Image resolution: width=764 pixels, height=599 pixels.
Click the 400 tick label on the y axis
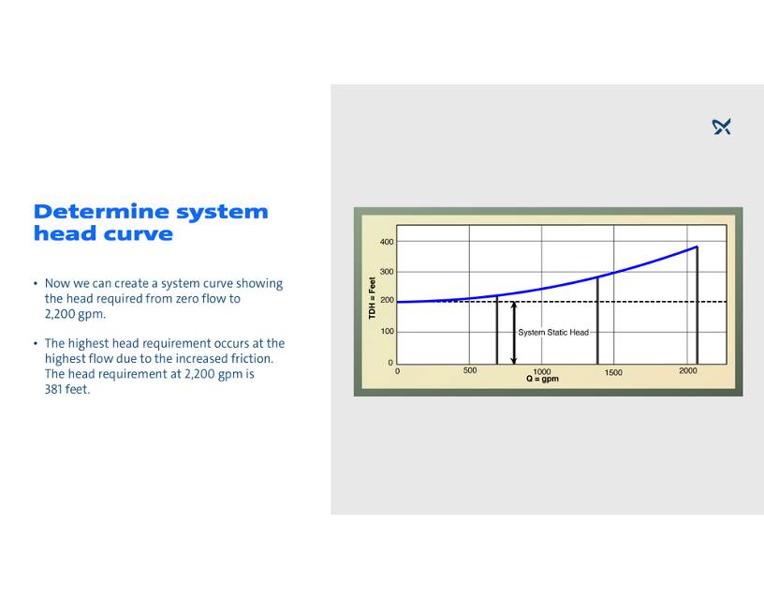(x=387, y=242)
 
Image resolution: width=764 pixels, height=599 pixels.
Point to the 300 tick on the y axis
(x=387, y=272)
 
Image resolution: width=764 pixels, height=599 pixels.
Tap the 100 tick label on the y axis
(x=388, y=331)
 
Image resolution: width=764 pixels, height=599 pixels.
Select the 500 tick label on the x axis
(x=470, y=370)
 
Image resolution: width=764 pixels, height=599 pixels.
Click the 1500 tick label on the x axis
(x=613, y=372)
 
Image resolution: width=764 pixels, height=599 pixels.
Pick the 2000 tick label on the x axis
(x=688, y=370)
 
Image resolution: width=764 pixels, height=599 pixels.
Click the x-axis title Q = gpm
(x=542, y=379)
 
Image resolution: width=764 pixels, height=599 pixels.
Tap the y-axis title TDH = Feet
(x=373, y=298)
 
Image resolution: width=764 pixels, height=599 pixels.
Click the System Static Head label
(x=553, y=332)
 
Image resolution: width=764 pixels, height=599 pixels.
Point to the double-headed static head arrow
(x=514, y=333)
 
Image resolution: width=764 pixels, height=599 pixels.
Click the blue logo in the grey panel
(x=721, y=127)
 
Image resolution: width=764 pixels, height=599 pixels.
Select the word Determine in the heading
(x=100, y=212)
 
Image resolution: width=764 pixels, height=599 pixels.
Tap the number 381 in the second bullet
(x=53, y=389)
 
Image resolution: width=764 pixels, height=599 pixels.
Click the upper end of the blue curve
(x=698, y=247)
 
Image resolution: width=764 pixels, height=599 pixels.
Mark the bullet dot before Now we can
(x=36, y=283)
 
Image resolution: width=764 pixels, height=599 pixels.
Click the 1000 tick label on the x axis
(x=542, y=372)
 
